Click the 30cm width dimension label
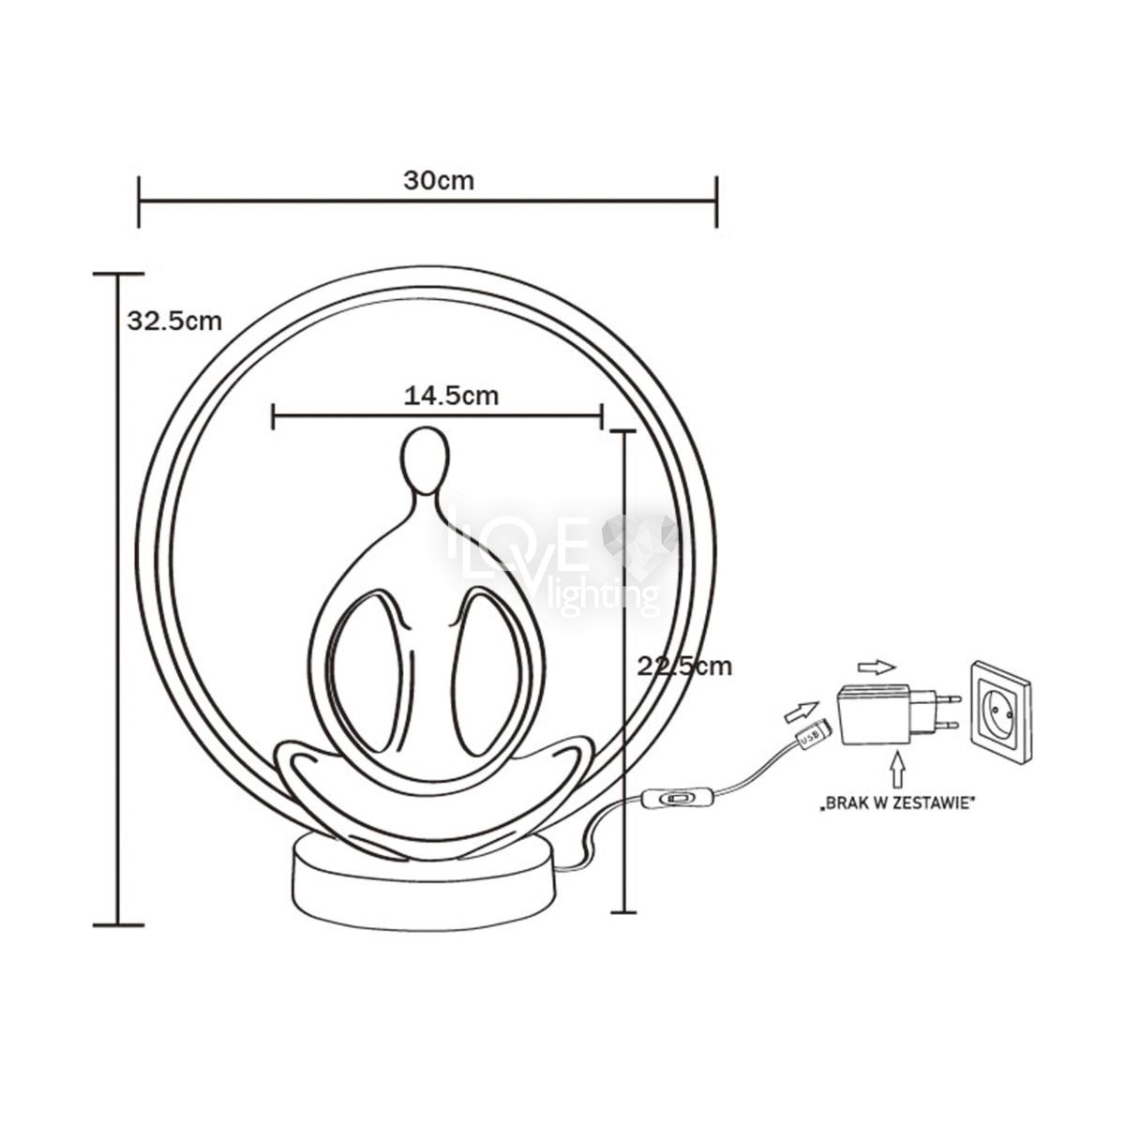439,181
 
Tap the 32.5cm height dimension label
175,322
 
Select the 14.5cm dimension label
451,396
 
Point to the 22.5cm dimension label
684,667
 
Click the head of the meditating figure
426,455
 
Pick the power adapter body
875,714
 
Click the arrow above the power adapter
877,667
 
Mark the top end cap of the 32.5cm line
118,274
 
